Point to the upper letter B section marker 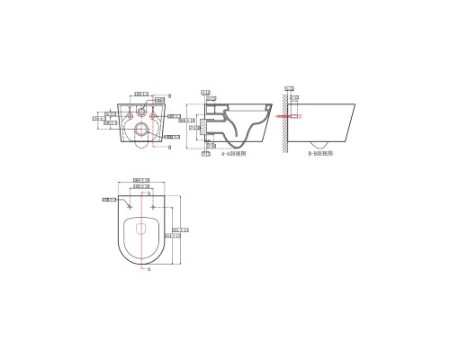pos(169,94)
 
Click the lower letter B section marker pos(169,147)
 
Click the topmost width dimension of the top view pos(140,181)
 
